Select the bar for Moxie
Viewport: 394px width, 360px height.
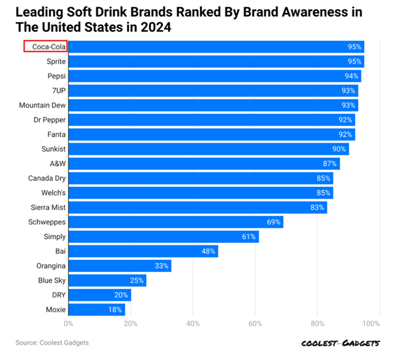click(92, 309)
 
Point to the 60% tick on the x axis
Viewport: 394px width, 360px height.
click(255, 324)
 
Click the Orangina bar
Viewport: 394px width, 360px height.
click(119, 266)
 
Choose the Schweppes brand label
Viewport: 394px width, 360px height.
click(48, 222)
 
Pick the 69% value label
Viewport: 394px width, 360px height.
click(274, 222)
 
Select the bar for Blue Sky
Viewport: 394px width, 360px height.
click(107, 281)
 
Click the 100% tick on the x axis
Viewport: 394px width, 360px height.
click(371, 324)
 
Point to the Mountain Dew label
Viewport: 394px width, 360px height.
click(42, 105)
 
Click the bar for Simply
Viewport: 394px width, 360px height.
click(163, 237)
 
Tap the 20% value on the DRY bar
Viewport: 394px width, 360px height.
click(122, 295)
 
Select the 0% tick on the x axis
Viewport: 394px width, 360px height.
click(68, 324)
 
